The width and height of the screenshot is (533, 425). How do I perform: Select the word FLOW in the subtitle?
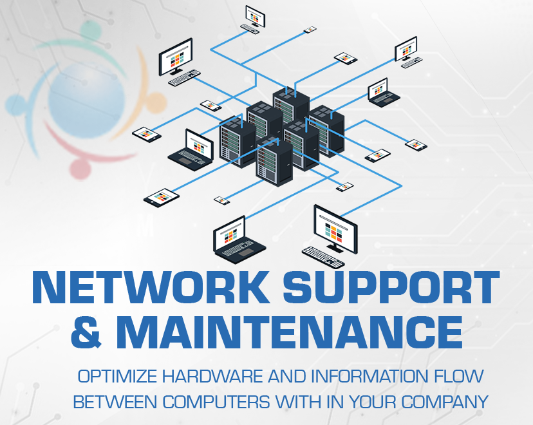[456, 377]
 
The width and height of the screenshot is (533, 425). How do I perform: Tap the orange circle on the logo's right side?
[155, 101]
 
